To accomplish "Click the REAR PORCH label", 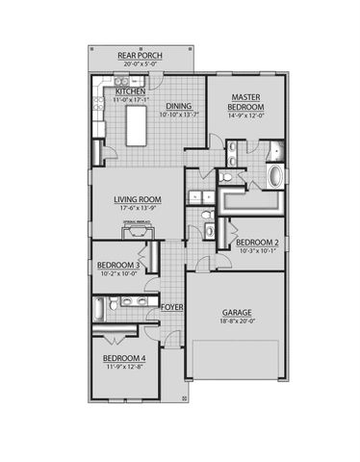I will click(x=140, y=56).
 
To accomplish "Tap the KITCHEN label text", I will click(x=130, y=91).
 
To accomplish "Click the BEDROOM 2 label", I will click(x=257, y=242).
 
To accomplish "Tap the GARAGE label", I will click(x=236, y=313).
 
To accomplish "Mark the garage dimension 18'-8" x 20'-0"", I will click(x=236, y=322).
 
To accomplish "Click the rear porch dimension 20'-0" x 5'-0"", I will click(x=140, y=64).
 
